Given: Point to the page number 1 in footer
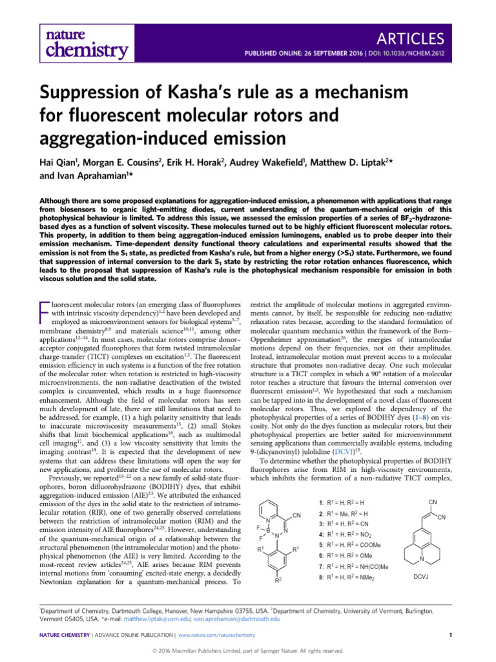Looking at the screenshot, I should (x=449, y=635).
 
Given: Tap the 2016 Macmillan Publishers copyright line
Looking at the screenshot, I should (x=249, y=650).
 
